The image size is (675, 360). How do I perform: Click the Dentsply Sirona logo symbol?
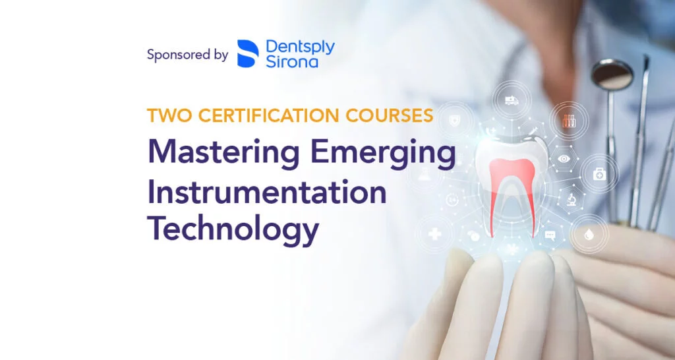[248, 54]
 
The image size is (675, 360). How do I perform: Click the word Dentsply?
[300, 47]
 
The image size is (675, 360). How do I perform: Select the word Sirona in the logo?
[292, 63]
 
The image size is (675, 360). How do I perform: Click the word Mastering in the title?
[225, 152]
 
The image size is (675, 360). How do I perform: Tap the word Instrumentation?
[267, 193]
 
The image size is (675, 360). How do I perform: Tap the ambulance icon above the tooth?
[510, 100]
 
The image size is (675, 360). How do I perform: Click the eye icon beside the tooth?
[564, 159]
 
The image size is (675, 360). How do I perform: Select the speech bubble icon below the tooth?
[550, 235]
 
